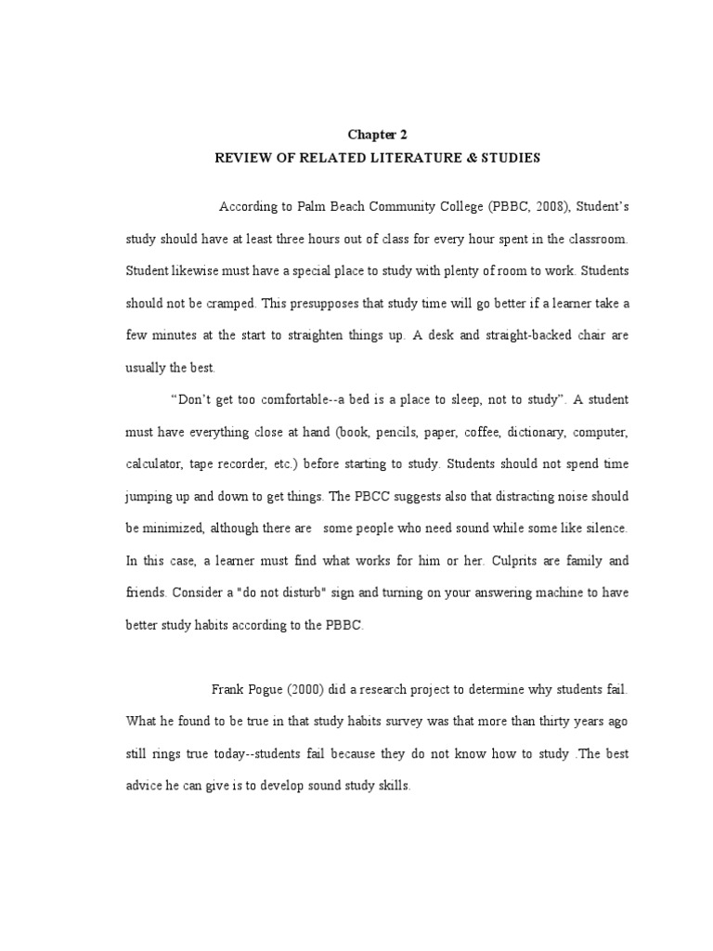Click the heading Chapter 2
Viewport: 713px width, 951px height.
coord(377,135)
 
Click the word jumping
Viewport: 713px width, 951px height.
coord(150,497)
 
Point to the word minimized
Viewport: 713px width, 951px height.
coord(175,528)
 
